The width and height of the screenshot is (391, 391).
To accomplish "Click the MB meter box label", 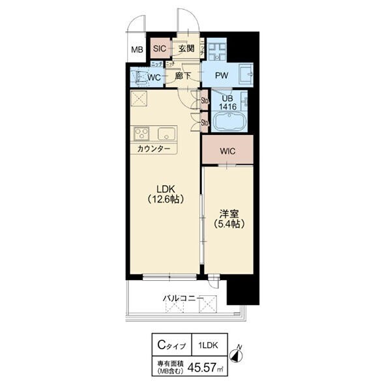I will point(137,50).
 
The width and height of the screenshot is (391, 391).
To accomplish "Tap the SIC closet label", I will point(160,49).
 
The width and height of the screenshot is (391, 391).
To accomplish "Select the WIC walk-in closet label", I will point(227,151).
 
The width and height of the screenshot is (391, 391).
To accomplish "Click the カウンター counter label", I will point(154,149).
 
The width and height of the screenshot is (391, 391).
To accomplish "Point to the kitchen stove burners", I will point(143,134).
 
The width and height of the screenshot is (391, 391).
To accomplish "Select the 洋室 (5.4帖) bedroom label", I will point(225,218).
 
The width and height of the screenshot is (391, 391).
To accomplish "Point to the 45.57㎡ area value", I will point(202,368).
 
